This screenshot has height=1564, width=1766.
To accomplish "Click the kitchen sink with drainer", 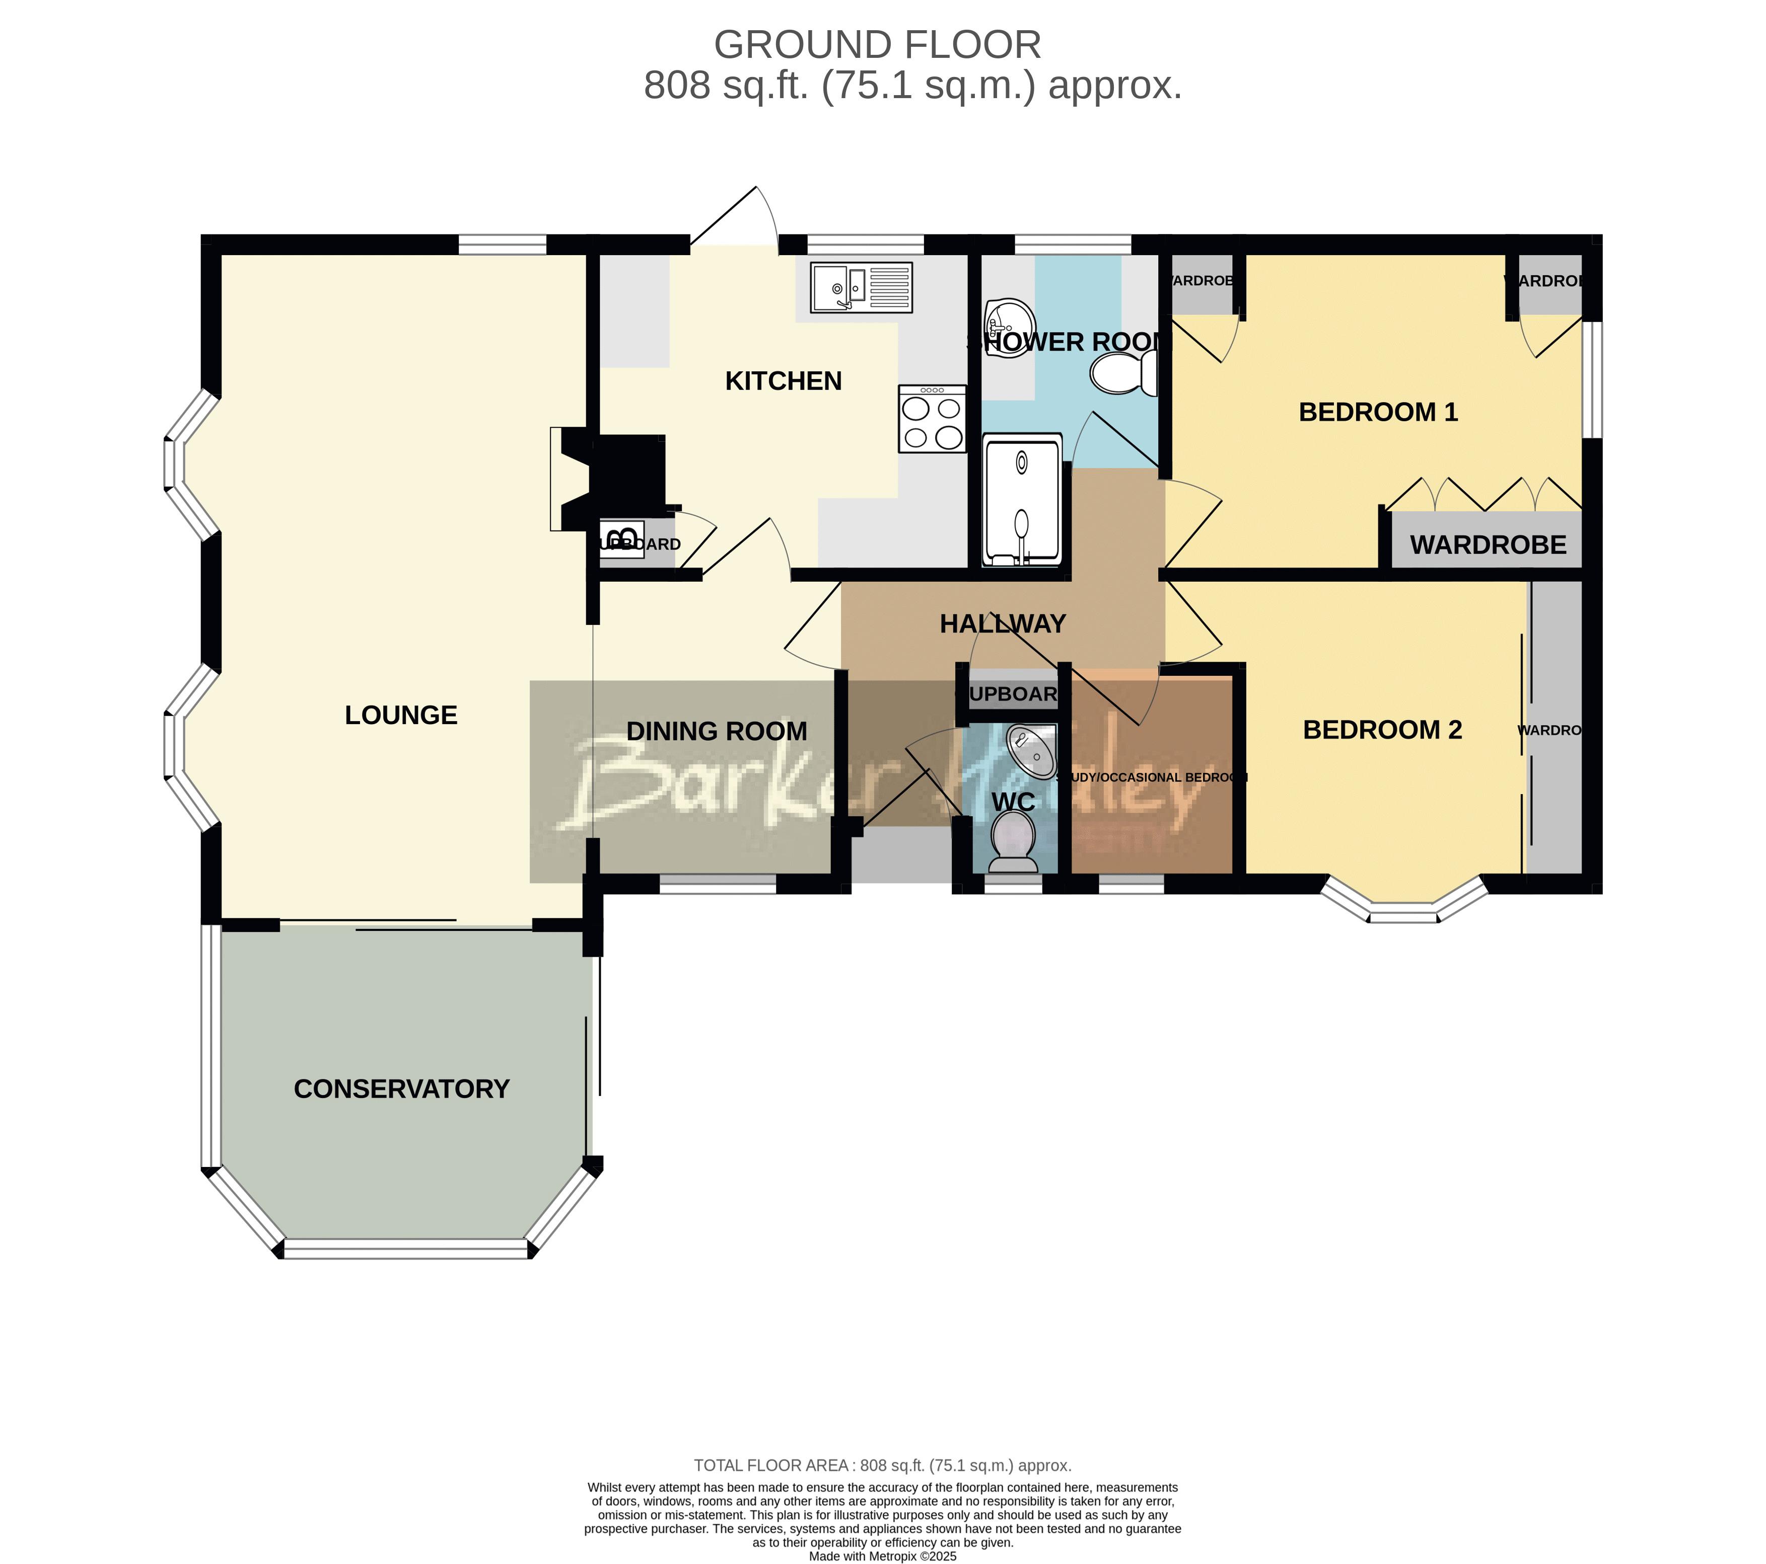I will click(861, 287).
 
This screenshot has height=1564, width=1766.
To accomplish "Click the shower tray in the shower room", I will click(1022, 501).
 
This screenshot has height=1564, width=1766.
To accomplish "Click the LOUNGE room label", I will click(401, 715).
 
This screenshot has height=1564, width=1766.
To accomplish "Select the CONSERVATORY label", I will click(402, 1089).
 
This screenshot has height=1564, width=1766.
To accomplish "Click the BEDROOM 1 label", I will click(1378, 412).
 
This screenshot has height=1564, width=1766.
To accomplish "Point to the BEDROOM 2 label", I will click(1381, 730).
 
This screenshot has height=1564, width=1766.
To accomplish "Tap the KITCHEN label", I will click(783, 381).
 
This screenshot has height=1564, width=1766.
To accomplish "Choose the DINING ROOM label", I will click(716, 732).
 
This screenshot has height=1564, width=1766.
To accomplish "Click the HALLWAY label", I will click(1002, 623).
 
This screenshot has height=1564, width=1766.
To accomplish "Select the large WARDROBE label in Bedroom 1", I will click(1488, 545).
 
